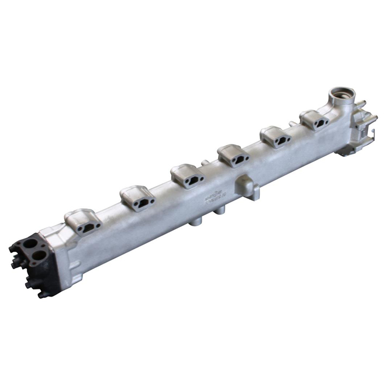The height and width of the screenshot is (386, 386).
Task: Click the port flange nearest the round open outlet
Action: [x=315, y=120]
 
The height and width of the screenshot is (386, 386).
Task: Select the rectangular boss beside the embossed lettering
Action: [x=245, y=188]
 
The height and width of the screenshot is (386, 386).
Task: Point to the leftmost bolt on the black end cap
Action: [x=12, y=250]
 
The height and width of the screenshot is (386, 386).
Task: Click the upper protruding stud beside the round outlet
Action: [x=363, y=105]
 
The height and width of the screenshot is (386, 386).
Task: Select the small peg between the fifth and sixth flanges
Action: [x=291, y=124]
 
